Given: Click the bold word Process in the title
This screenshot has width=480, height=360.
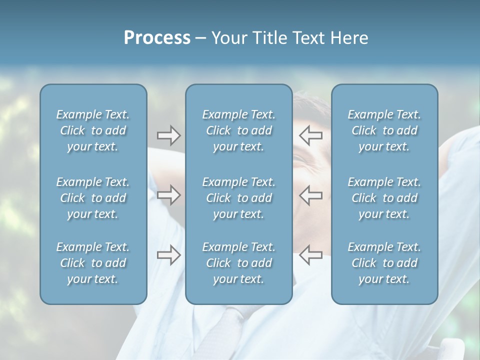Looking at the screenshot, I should click(157, 38).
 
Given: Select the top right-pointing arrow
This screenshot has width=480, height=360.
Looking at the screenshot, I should click(168, 134).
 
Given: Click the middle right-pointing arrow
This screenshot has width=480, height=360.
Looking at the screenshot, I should click(168, 194).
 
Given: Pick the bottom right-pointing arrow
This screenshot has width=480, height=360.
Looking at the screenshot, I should click(168, 255).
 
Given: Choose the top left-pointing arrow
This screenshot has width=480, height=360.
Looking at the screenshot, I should click(310, 134).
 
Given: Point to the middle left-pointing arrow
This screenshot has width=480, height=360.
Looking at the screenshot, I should click(310, 194).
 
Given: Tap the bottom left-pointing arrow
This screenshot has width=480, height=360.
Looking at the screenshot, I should click(310, 255).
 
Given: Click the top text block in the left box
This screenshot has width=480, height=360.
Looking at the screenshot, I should click(93, 130).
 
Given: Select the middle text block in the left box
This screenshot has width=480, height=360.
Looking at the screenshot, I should click(93, 198).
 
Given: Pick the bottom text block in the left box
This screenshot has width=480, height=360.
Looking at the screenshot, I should click(93, 263).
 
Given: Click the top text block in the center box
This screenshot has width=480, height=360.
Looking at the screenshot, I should click(238, 130).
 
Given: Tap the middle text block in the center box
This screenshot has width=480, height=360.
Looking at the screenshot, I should click(238, 198).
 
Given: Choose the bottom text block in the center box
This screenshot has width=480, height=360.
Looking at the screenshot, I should click(238, 263).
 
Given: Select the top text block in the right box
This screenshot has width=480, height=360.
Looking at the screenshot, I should click(384, 130).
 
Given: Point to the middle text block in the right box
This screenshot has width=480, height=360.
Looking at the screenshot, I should click(384, 198).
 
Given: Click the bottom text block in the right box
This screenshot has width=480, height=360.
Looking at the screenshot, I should click(384, 263).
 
